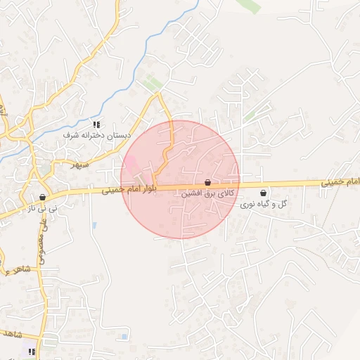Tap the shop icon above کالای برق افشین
(x=207, y=183)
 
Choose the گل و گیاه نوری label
(x=264, y=204)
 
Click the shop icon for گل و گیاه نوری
(x=264, y=193)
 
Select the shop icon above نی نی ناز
(x=42, y=198)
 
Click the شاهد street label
(x=14, y=333)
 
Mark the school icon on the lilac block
(x=30, y=351)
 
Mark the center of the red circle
(x=180, y=179)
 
